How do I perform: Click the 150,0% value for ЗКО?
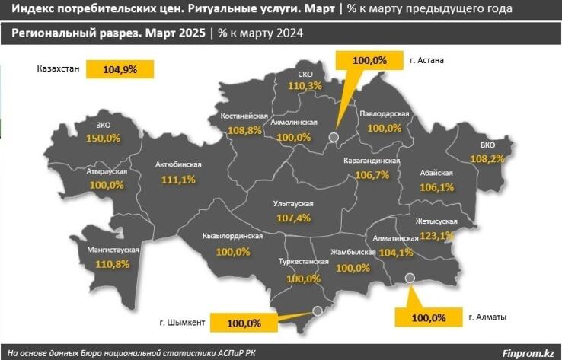point(104,139)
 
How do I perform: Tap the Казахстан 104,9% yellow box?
point(120,69)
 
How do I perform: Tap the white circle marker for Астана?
point(333,138)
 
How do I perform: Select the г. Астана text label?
point(426,60)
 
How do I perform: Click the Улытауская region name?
point(294,204)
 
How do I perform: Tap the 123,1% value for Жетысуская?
point(436,236)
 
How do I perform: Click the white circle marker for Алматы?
point(410,279)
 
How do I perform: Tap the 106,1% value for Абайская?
point(436,187)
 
